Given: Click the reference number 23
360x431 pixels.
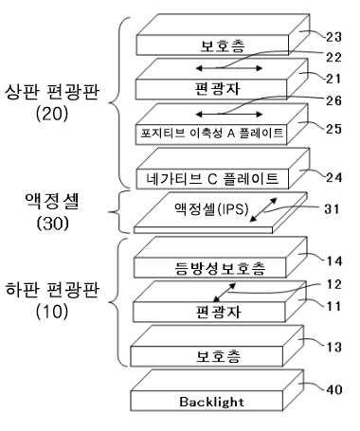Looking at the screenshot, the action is pos(333,37).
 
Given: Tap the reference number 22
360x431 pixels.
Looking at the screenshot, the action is pos(333,57).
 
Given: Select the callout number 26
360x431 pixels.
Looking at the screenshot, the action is pos(333,100).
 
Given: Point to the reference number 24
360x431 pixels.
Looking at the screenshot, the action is pos(333,177).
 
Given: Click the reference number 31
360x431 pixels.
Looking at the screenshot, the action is pos(332,209).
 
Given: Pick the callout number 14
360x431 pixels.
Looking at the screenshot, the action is pos(334,261).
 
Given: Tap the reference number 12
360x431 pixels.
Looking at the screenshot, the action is pos(334,284).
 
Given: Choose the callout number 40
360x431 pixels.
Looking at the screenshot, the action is pos(334,389).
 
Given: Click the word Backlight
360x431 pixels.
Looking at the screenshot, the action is pos(211,402).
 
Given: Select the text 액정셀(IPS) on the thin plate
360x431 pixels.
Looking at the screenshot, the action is pos(211,208).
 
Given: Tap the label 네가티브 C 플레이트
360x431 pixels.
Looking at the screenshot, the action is pos(212,179).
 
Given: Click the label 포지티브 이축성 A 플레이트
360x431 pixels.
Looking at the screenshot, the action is pos(212,133).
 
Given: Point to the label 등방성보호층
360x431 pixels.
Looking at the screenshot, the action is pos(220,268).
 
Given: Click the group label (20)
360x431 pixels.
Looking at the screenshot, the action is pos(52,114).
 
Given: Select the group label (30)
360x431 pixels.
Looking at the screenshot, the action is pos(52,224).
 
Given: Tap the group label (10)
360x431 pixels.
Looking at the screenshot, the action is pos(52,312).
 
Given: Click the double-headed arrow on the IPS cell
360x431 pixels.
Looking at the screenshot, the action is pos(263,210).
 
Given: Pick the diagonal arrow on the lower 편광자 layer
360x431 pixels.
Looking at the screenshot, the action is pos(225,293).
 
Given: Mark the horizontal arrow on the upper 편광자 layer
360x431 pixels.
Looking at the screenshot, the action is pos(229,68).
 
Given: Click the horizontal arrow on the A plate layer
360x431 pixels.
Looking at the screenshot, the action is pos(229,114).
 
